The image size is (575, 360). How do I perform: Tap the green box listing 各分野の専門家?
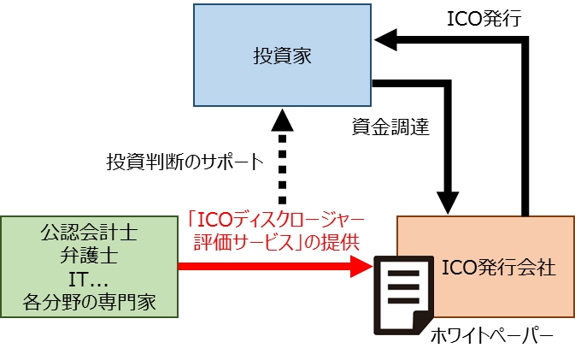click(89, 267)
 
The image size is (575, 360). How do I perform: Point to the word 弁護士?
click(89, 256)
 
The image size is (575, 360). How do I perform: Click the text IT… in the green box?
click(89, 279)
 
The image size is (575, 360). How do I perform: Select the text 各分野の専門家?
click(89, 302)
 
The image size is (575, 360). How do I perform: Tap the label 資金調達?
click(390, 127)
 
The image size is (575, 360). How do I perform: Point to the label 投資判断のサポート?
click(185, 161)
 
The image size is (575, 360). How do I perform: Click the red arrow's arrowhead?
click(362, 267)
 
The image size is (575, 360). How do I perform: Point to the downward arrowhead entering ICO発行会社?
click(449, 204)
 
